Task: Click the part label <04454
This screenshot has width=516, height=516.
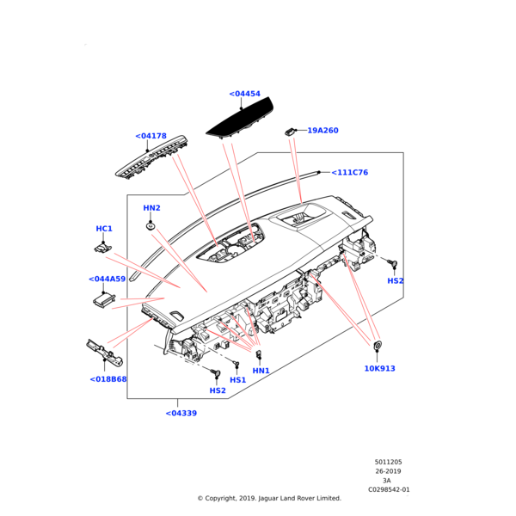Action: tap(244, 94)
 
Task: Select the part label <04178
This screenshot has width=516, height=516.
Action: tap(150, 136)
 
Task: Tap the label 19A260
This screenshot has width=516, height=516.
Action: tap(322, 131)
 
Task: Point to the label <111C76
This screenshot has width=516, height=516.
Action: tap(349, 173)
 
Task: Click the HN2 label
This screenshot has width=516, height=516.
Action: tap(151, 208)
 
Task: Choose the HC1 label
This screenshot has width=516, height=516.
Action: tap(104, 229)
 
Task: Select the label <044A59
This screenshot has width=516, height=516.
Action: tap(107, 279)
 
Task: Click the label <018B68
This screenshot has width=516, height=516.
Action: tap(108, 379)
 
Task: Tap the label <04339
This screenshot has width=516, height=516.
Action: tap(181, 414)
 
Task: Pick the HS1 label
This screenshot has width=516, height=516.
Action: tap(238, 380)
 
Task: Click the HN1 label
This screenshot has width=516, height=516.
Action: tap(261, 371)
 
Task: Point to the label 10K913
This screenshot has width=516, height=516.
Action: tap(380, 369)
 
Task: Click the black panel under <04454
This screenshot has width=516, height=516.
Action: tap(240, 120)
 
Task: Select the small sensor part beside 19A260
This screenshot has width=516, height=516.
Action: tap(289, 132)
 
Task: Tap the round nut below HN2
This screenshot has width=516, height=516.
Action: tap(150, 226)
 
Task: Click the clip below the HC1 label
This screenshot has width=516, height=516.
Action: tap(102, 248)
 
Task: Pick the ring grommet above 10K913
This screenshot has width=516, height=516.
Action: tap(378, 346)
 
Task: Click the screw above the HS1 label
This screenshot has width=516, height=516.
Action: tap(236, 364)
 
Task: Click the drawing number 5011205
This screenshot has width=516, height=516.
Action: tap(389, 462)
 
